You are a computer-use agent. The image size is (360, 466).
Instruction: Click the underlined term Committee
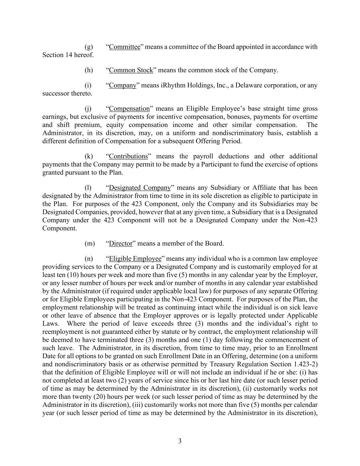[x=125, y=47]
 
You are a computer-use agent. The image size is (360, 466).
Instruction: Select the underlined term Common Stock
[x=131, y=70]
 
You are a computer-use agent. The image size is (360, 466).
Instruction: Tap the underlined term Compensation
[x=129, y=109]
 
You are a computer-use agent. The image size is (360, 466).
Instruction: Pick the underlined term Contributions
[x=128, y=156]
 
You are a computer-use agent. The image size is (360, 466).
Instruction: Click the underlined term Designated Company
[x=140, y=188]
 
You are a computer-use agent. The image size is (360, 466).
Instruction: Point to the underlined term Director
[x=120, y=243]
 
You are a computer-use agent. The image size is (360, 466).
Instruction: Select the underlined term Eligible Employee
[x=135, y=259]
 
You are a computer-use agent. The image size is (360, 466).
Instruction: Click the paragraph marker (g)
[x=88, y=47]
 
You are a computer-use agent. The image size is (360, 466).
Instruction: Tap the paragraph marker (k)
[x=88, y=156]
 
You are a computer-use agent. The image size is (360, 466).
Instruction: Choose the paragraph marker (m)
[x=89, y=243]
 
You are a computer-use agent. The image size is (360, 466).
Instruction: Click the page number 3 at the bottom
[x=180, y=441]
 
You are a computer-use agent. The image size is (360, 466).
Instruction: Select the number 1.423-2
[x=305, y=364]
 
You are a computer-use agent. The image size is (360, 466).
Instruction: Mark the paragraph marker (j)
[x=88, y=109]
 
